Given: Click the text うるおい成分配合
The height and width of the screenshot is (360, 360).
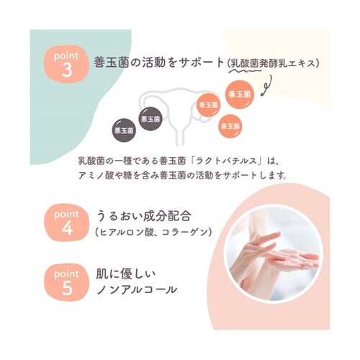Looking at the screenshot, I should pos(144,215).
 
